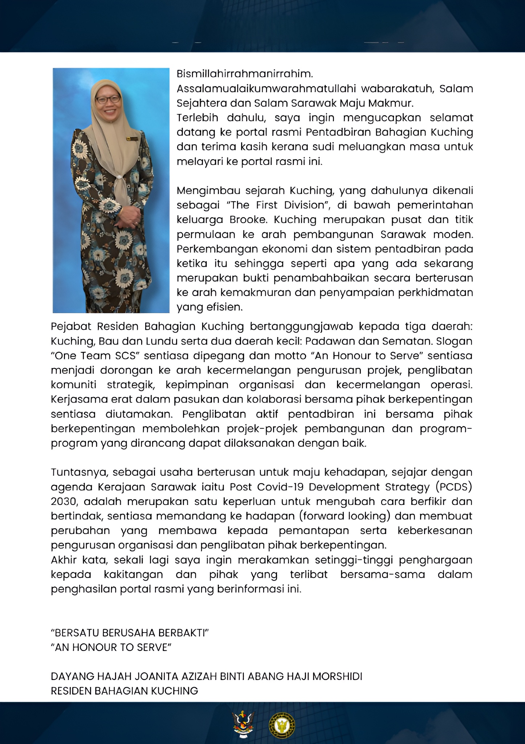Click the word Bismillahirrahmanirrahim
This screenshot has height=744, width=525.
[244, 74]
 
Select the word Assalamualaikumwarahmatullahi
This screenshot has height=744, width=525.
[265, 89]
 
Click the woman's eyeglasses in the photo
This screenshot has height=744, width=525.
[108, 99]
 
